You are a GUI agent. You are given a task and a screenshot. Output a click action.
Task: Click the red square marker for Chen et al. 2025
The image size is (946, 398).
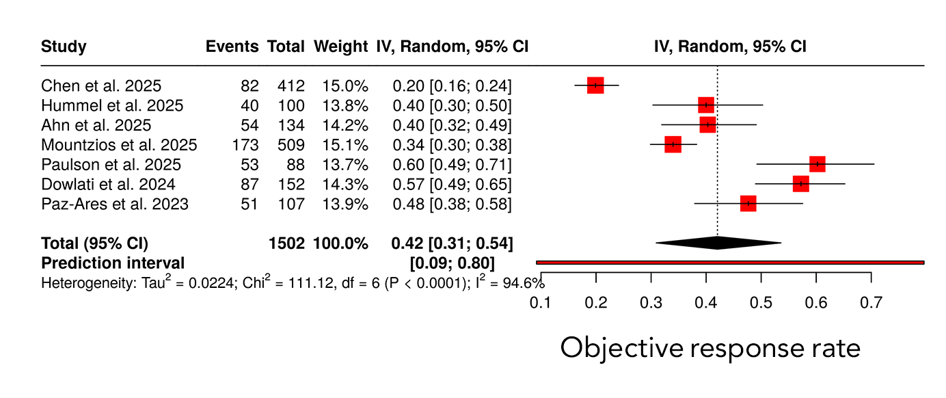click(x=595, y=85)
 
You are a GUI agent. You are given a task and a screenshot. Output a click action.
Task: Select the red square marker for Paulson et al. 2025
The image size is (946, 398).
click(x=817, y=164)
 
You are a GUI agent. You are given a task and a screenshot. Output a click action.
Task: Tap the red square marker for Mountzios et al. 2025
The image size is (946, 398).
click(x=673, y=144)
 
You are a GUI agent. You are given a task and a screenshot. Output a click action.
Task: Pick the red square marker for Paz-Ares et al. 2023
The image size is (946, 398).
click(x=748, y=204)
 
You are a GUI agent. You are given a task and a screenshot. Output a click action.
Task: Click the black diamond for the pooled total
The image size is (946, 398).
click(x=717, y=243)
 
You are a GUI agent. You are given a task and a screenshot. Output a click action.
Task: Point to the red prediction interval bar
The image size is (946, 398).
click(x=730, y=262)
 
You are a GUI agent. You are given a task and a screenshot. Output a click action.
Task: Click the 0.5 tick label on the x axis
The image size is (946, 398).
click(x=761, y=302)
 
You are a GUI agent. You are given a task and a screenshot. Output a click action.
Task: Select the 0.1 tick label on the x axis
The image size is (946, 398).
click(x=541, y=302)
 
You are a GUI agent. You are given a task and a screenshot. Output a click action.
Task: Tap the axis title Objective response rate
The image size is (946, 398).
click(x=710, y=348)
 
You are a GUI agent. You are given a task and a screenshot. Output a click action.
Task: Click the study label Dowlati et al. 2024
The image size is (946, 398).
click(x=108, y=185)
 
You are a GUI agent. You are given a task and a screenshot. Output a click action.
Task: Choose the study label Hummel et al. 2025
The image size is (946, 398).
click(x=112, y=106)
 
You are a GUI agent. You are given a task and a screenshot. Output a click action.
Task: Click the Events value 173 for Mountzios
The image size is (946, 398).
click(x=245, y=145)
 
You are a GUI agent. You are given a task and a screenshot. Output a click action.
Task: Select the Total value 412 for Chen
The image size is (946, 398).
click(x=290, y=86)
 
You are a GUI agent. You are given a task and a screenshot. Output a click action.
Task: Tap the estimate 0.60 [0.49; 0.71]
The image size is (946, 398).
click(x=451, y=165)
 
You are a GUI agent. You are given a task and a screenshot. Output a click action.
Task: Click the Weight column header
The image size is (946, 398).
click(x=340, y=47)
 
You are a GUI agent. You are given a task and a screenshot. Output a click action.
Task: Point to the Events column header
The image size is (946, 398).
click(x=232, y=47)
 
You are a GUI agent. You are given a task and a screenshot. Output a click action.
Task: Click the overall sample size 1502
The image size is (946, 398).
click(x=286, y=243)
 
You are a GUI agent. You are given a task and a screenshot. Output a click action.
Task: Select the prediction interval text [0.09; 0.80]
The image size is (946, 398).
click(x=451, y=263)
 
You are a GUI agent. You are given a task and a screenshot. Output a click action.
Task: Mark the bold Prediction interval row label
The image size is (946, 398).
click(x=113, y=263)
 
